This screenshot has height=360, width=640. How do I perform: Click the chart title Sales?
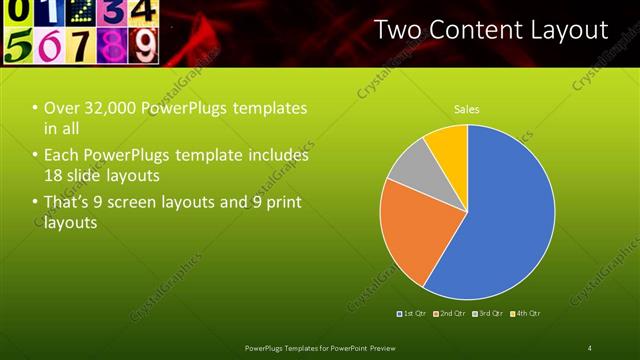pyautogui.click(x=466, y=108)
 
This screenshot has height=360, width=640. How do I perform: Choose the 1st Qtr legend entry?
pyautogui.click(x=413, y=314)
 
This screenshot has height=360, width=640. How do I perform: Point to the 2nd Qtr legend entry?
pyautogui.click(x=451, y=314)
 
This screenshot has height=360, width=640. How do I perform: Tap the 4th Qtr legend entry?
pyautogui.click(x=526, y=314)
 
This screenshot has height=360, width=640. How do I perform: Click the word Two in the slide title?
pyautogui.click(x=395, y=30)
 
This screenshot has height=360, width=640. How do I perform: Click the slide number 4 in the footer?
pyautogui.click(x=590, y=347)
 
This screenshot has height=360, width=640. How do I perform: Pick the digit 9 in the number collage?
pyautogui.click(x=146, y=45)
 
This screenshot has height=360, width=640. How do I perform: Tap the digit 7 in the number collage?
pyautogui.click(x=81, y=46)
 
